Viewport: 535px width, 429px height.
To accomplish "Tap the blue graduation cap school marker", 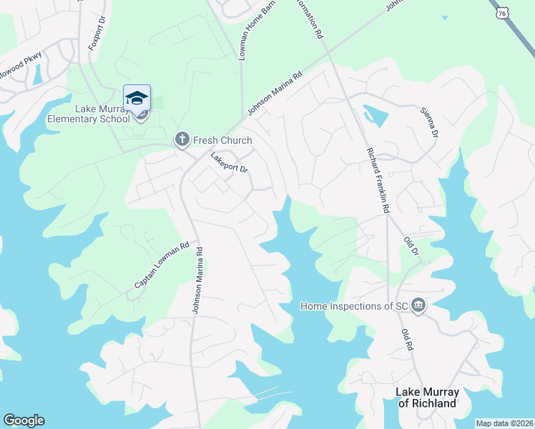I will pos(137,97).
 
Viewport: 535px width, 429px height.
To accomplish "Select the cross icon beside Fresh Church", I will pos(182,140).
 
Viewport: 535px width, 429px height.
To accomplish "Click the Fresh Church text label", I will pos(222,140).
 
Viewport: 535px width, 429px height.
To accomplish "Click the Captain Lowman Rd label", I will pos(162,265).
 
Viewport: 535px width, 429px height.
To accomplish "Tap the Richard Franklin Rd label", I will pos(378,181).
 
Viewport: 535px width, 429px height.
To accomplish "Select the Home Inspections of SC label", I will pos(353,306).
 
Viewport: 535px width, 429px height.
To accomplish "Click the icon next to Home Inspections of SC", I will pos(419,306).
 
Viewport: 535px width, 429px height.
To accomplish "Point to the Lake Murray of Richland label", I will pos(426,398).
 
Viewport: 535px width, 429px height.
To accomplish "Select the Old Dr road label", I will pos(411,248).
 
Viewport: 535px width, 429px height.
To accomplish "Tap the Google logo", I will pos(24,420).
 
